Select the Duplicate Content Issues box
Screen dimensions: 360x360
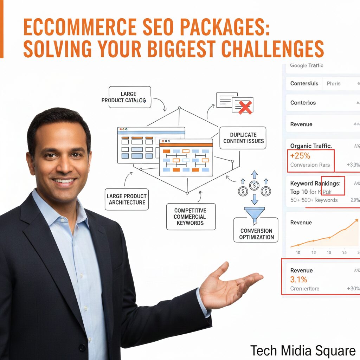coord(243,138)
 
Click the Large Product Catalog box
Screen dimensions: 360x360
coord(129,97)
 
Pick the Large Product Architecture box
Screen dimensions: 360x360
coord(127,199)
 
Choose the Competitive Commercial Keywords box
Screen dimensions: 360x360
coord(191,217)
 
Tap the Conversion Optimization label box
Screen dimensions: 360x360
coord(256,234)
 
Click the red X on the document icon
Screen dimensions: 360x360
coord(245,108)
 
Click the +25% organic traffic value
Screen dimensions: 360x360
coord(301,155)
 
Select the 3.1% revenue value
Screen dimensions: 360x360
coord(299,280)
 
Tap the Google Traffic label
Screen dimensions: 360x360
coord(307,65)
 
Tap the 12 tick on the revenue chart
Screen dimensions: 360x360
coord(314,252)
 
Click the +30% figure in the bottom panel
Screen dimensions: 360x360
coord(353,289)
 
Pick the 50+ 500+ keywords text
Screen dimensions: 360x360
coord(314,200)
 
